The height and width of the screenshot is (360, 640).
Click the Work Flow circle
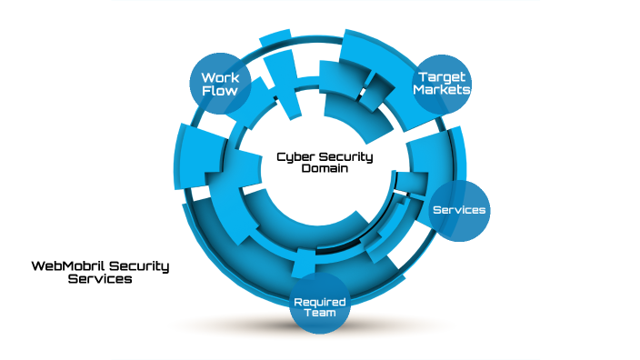coord(220,85)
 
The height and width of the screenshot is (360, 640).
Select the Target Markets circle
coord(443,84)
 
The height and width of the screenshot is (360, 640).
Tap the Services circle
coord(459,210)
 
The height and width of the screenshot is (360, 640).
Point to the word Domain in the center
coord(325,168)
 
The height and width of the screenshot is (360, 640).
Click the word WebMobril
coord(65,266)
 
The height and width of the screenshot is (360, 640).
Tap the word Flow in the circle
coord(220,92)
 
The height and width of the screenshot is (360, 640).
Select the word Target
coord(443,76)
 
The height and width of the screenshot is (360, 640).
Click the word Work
coord(220,78)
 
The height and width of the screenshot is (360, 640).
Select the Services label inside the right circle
coord(459,210)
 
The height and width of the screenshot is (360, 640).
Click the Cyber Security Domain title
coord(325,162)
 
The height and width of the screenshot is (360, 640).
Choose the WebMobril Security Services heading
coord(100,273)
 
